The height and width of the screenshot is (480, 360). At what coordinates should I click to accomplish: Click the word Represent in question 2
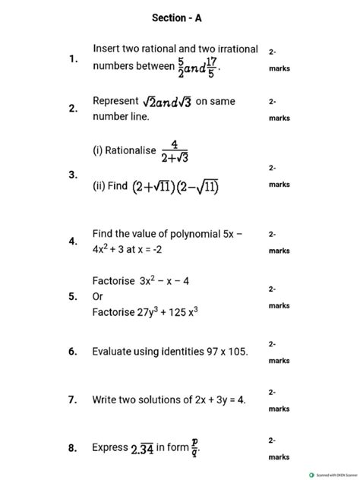click(x=115, y=101)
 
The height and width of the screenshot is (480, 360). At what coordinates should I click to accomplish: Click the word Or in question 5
click(x=98, y=296)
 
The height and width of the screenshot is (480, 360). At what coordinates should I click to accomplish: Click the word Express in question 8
click(x=110, y=448)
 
